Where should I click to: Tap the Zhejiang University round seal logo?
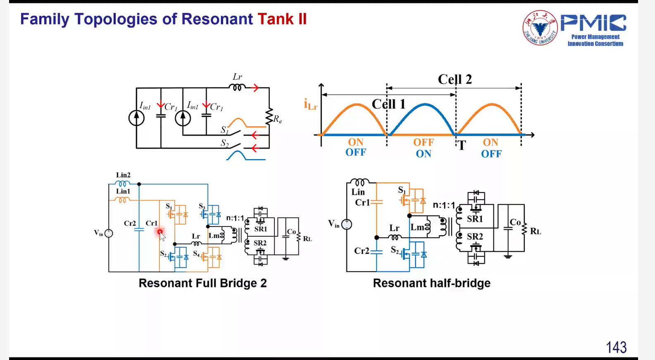click(540, 28)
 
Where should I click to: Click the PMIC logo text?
click(593, 23)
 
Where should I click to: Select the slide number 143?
click(616, 347)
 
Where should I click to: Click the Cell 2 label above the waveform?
click(455, 79)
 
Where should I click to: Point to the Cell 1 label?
click(388, 104)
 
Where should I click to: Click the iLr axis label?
click(310, 105)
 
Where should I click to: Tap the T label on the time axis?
click(462, 145)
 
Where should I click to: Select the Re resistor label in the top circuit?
click(277, 119)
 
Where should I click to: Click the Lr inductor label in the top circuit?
click(237, 77)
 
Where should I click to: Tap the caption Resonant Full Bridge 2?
click(202, 283)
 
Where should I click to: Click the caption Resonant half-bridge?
click(431, 283)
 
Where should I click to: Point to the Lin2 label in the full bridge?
click(123, 175)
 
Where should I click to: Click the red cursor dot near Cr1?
click(160, 232)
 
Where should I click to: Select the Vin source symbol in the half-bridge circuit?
click(346, 224)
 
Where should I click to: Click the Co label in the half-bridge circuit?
click(515, 222)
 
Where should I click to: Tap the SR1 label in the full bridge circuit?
click(260, 229)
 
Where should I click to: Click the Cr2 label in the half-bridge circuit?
click(362, 251)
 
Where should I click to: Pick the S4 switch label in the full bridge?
click(196, 253)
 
